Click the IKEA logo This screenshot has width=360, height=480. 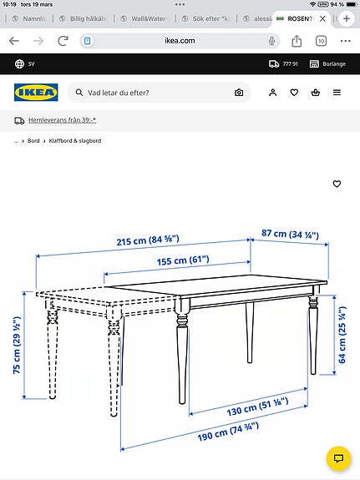pyautogui.click(x=35, y=93)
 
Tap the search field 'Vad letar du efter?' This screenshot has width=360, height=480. pyautogui.click(x=150, y=93)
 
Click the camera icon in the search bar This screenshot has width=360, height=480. pyautogui.click(x=239, y=93)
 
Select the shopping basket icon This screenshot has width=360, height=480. pyautogui.click(x=315, y=93)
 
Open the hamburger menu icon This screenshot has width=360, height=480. pyautogui.click(x=337, y=93)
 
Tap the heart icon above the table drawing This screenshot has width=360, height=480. pyautogui.click(x=337, y=184)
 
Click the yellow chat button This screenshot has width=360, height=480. pyautogui.click(x=337, y=458)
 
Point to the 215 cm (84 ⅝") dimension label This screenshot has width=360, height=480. pyautogui.click(x=139, y=243)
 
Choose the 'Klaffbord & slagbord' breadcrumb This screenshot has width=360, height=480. pyautogui.click(x=75, y=141)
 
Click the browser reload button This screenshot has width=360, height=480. pyautogui.click(x=63, y=40)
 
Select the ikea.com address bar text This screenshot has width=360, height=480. pyautogui.click(x=180, y=40)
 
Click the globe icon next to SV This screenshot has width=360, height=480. pyautogui.click(x=19, y=63)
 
